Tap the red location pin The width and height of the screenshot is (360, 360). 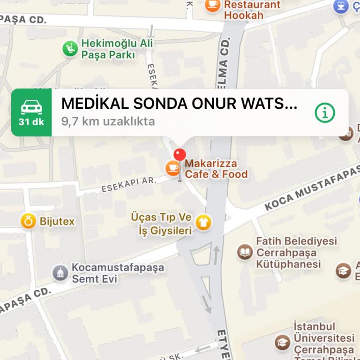pos(180,155)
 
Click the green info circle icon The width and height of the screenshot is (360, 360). pos(325,112)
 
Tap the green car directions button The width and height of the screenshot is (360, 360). pos(31,112)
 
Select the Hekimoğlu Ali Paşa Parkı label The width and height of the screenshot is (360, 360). pos(108,49)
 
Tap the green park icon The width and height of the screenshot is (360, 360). pos(70,48)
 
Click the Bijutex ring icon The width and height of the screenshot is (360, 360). pos(28,221)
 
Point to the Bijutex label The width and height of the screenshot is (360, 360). pos(57,221)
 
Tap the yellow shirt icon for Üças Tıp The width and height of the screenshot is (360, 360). pos(204,222)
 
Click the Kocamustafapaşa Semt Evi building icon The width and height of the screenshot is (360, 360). pos(60,273)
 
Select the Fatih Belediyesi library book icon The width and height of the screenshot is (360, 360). pos(245,252)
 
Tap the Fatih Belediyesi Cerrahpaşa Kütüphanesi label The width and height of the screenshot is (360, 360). pos(296,253)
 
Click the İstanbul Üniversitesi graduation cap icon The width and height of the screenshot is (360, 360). pos(282,342)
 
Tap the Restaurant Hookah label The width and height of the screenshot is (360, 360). pos(252,10)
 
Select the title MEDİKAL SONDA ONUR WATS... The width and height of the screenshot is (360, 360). pos(180,104)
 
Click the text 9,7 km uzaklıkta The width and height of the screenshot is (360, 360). pos(108,121)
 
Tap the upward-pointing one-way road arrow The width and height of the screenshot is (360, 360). pos(216,255)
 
